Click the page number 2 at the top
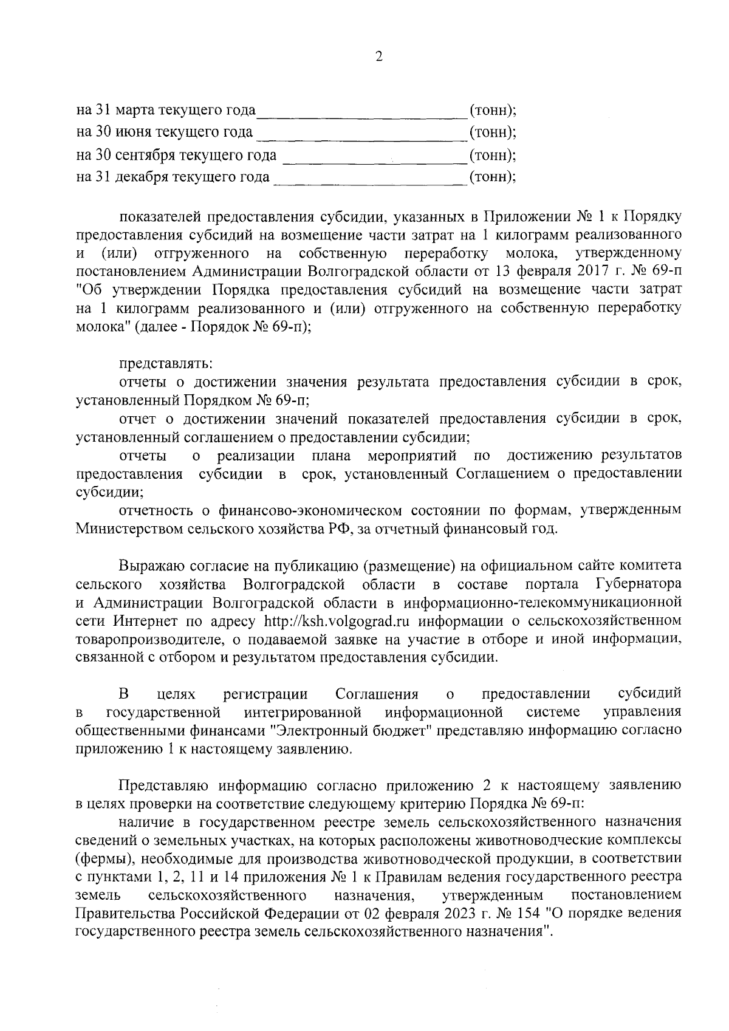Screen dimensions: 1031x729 click(x=379, y=57)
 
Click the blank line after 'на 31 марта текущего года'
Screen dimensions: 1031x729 click(x=361, y=113)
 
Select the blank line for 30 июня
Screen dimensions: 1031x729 click(x=362, y=135)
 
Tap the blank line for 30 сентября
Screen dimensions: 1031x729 click(x=374, y=157)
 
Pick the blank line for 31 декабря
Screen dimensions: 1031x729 click(x=369, y=179)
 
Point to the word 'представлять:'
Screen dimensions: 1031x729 click(x=165, y=365)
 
